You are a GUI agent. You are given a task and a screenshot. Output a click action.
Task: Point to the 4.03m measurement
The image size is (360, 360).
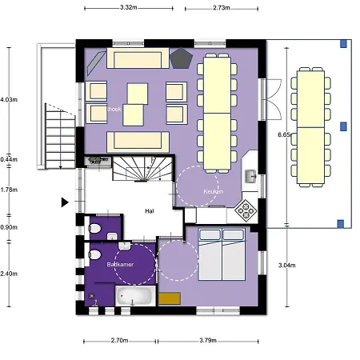tap(8, 99)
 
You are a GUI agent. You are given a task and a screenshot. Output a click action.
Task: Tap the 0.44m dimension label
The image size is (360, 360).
tap(8, 159)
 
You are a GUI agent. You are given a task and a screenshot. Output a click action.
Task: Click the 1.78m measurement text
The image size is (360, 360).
tap(8, 190)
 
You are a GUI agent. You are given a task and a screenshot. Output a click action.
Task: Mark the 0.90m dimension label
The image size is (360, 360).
tap(8, 227)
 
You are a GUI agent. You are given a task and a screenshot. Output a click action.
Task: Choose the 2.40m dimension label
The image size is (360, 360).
tap(8, 273)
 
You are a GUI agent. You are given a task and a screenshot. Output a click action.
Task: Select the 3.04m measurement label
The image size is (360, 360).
tap(286, 265)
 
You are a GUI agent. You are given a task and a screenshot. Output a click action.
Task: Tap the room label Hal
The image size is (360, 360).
tap(149, 211)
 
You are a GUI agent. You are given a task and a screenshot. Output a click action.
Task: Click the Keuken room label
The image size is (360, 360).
tap(212, 193)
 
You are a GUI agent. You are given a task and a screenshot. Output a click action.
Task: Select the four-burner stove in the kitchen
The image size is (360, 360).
tap(246, 210)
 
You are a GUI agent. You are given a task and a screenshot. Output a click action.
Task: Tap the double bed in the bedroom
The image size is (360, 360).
tap(223, 254)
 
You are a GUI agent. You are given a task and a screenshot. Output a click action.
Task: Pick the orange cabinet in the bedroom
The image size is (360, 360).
tap(170, 298)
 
